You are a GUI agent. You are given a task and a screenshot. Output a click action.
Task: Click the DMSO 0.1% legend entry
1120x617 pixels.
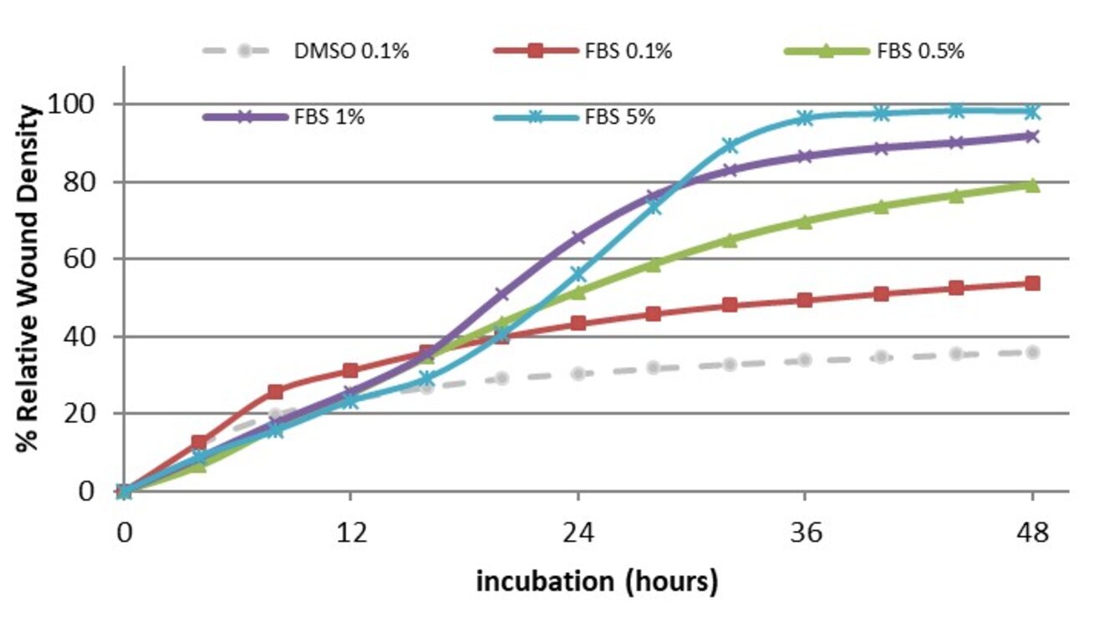pyautogui.click(x=350, y=51)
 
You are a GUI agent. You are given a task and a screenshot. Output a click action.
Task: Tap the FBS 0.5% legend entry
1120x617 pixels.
pyautogui.click(x=920, y=51)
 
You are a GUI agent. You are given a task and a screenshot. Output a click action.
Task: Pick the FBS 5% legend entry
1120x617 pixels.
pyautogui.click(x=618, y=116)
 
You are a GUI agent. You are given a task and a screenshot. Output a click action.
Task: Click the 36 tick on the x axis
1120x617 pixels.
pyautogui.click(x=806, y=533)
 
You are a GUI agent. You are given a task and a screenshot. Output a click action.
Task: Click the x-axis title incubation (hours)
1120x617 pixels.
pyautogui.click(x=597, y=581)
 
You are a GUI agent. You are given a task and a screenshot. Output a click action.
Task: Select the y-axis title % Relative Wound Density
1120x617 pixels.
pyautogui.click(x=28, y=278)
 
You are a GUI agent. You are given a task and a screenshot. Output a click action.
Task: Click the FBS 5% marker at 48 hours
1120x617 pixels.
pyautogui.click(x=1032, y=111)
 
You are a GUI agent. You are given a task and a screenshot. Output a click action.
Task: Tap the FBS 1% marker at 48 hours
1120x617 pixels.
pyautogui.click(x=1032, y=135)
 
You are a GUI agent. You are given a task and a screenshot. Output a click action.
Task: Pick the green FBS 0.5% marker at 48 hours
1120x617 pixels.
pyautogui.click(x=1032, y=185)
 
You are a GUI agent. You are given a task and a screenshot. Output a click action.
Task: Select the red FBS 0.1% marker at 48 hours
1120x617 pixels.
pyautogui.click(x=1032, y=283)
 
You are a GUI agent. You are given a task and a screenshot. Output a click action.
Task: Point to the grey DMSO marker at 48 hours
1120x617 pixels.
pyautogui.click(x=1032, y=352)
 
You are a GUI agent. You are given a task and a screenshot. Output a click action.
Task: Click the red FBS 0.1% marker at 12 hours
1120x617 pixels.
pyautogui.click(x=351, y=370)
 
